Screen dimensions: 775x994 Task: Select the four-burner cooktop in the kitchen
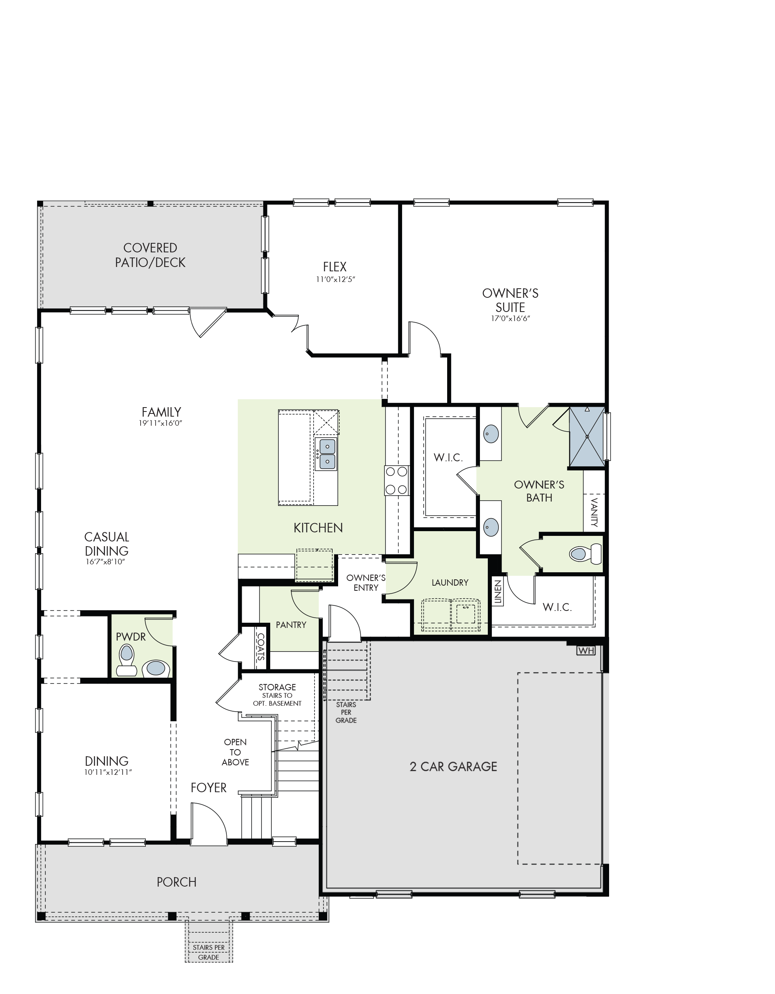click(396, 480)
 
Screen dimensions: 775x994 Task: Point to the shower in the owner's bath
click(587, 436)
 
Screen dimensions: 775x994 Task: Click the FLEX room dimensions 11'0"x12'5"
click(335, 280)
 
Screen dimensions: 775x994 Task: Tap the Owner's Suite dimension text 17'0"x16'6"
click(510, 319)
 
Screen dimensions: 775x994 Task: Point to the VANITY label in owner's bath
click(594, 513)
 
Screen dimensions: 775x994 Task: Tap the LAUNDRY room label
click(450, 582)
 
